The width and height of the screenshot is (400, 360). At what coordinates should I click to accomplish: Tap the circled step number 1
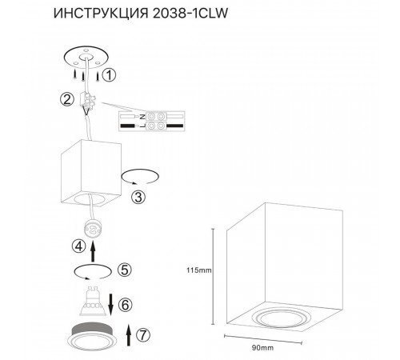111,75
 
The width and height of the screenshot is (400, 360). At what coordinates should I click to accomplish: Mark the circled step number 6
123,304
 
